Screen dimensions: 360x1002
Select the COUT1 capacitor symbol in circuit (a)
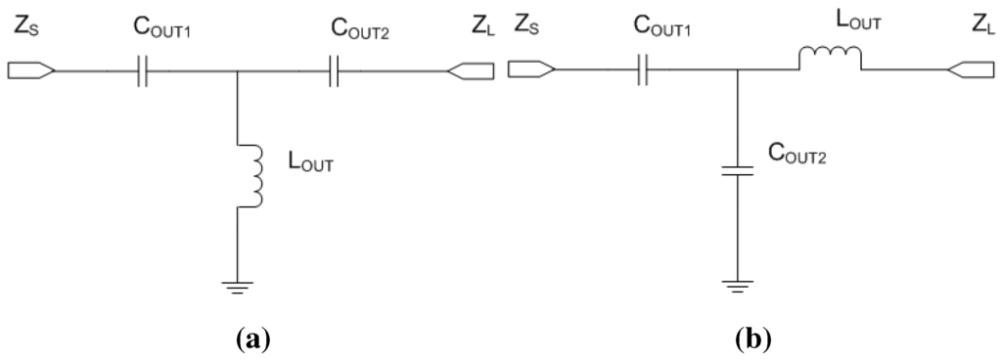142,70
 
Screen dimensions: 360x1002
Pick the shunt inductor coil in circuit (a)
253,176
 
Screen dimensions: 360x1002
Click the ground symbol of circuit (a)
239,286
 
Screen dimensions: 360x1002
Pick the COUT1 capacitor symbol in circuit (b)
643,70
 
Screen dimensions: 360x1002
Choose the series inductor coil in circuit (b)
830,61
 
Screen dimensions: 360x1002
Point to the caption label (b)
752,339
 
